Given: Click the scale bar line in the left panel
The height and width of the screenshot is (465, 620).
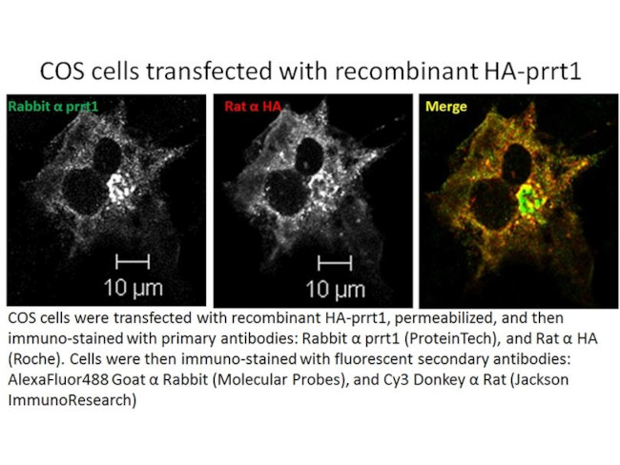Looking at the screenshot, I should (x=134, y=259).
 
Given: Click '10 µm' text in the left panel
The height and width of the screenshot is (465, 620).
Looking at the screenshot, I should (x=134, y=285).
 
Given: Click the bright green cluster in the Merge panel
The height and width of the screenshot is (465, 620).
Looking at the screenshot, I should (x=525, y=201).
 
